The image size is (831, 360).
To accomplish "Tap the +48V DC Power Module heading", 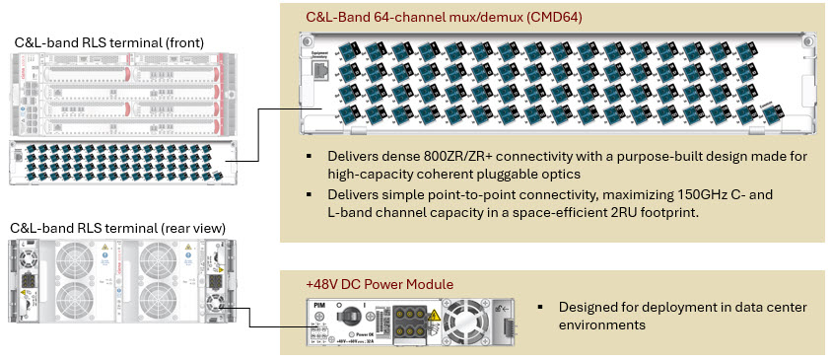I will point(380,284).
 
